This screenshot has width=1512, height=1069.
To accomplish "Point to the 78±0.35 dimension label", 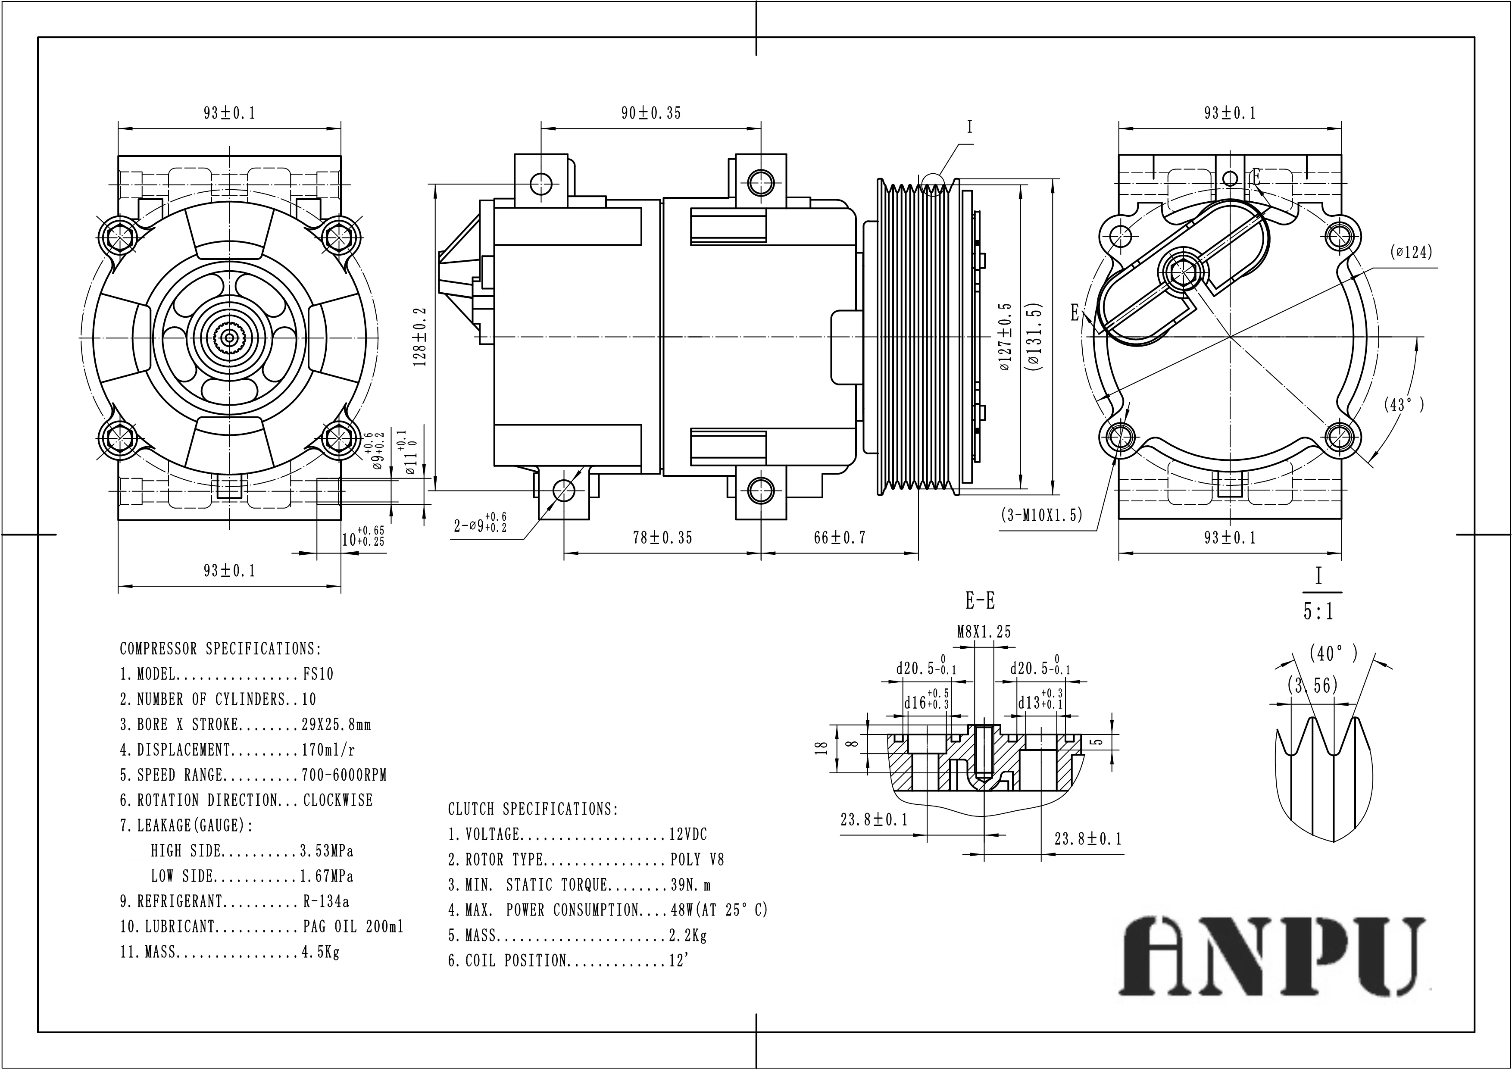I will pos(662,538).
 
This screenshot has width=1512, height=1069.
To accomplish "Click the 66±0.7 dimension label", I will pos(840,538).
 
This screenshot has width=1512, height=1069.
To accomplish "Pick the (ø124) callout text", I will pos(1411,252).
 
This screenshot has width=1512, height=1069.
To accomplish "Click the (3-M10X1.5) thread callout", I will pos(1041,515).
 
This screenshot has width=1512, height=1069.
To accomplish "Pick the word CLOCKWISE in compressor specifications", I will pos(338,800).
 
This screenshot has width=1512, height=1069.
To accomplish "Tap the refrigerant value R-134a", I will pos(326,901).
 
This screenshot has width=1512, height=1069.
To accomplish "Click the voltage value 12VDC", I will pos(687,835).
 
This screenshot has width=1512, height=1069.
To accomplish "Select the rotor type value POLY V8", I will pos(697,860).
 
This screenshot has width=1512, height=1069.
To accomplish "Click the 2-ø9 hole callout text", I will pos(479,525).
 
